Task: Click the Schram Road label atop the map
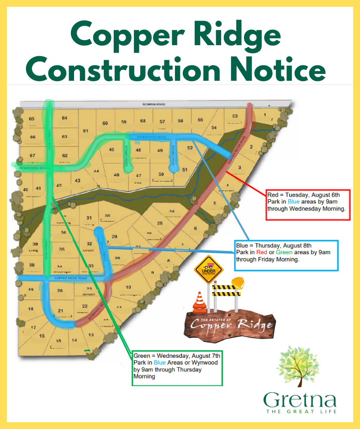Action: click(x=154, y=105)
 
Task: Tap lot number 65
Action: click(x=32, y=119)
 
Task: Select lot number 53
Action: click(x=235, y=116)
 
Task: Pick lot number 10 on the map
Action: click(x=128, y=288)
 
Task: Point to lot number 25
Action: click(x=160, y=223)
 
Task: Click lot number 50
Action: click(x=161, y=174)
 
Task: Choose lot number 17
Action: click(x=33, y=327)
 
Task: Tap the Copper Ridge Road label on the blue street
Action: click(x=70, y=278)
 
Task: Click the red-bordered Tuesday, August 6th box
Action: click(x=308, y=205)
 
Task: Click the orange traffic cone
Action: click(x=199, y=302)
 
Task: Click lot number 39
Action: click(x=35, y=244)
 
